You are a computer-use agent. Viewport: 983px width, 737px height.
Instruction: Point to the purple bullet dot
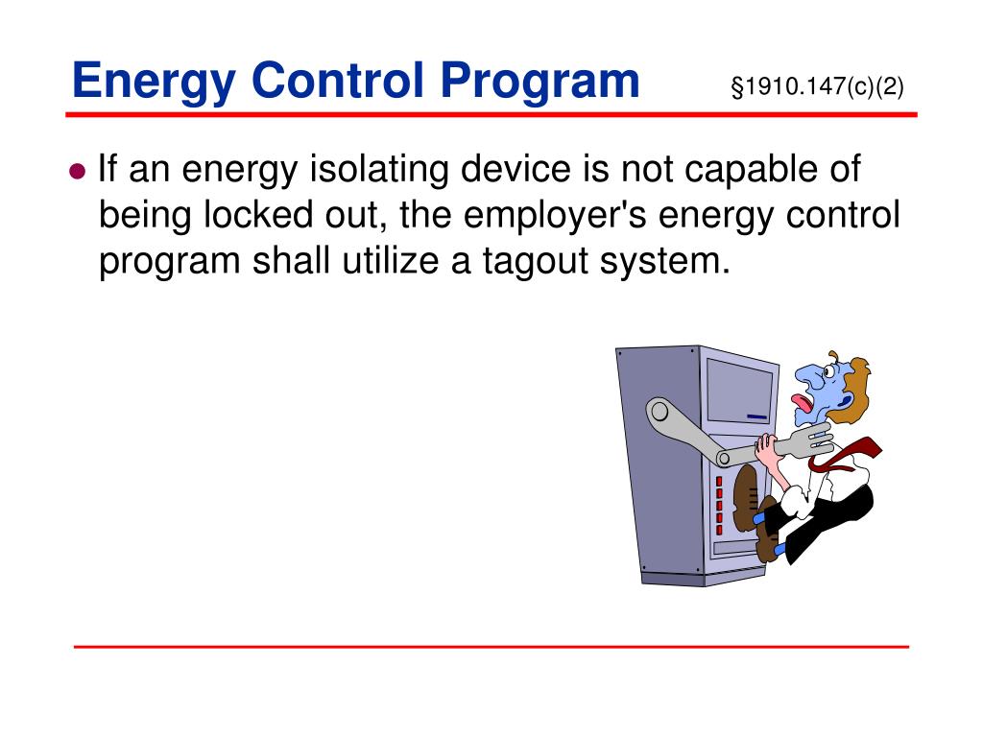[79, 172]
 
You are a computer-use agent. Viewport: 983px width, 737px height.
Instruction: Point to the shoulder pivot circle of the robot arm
[659, 414]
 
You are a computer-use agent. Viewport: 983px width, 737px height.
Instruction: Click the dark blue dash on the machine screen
[757, 416]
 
